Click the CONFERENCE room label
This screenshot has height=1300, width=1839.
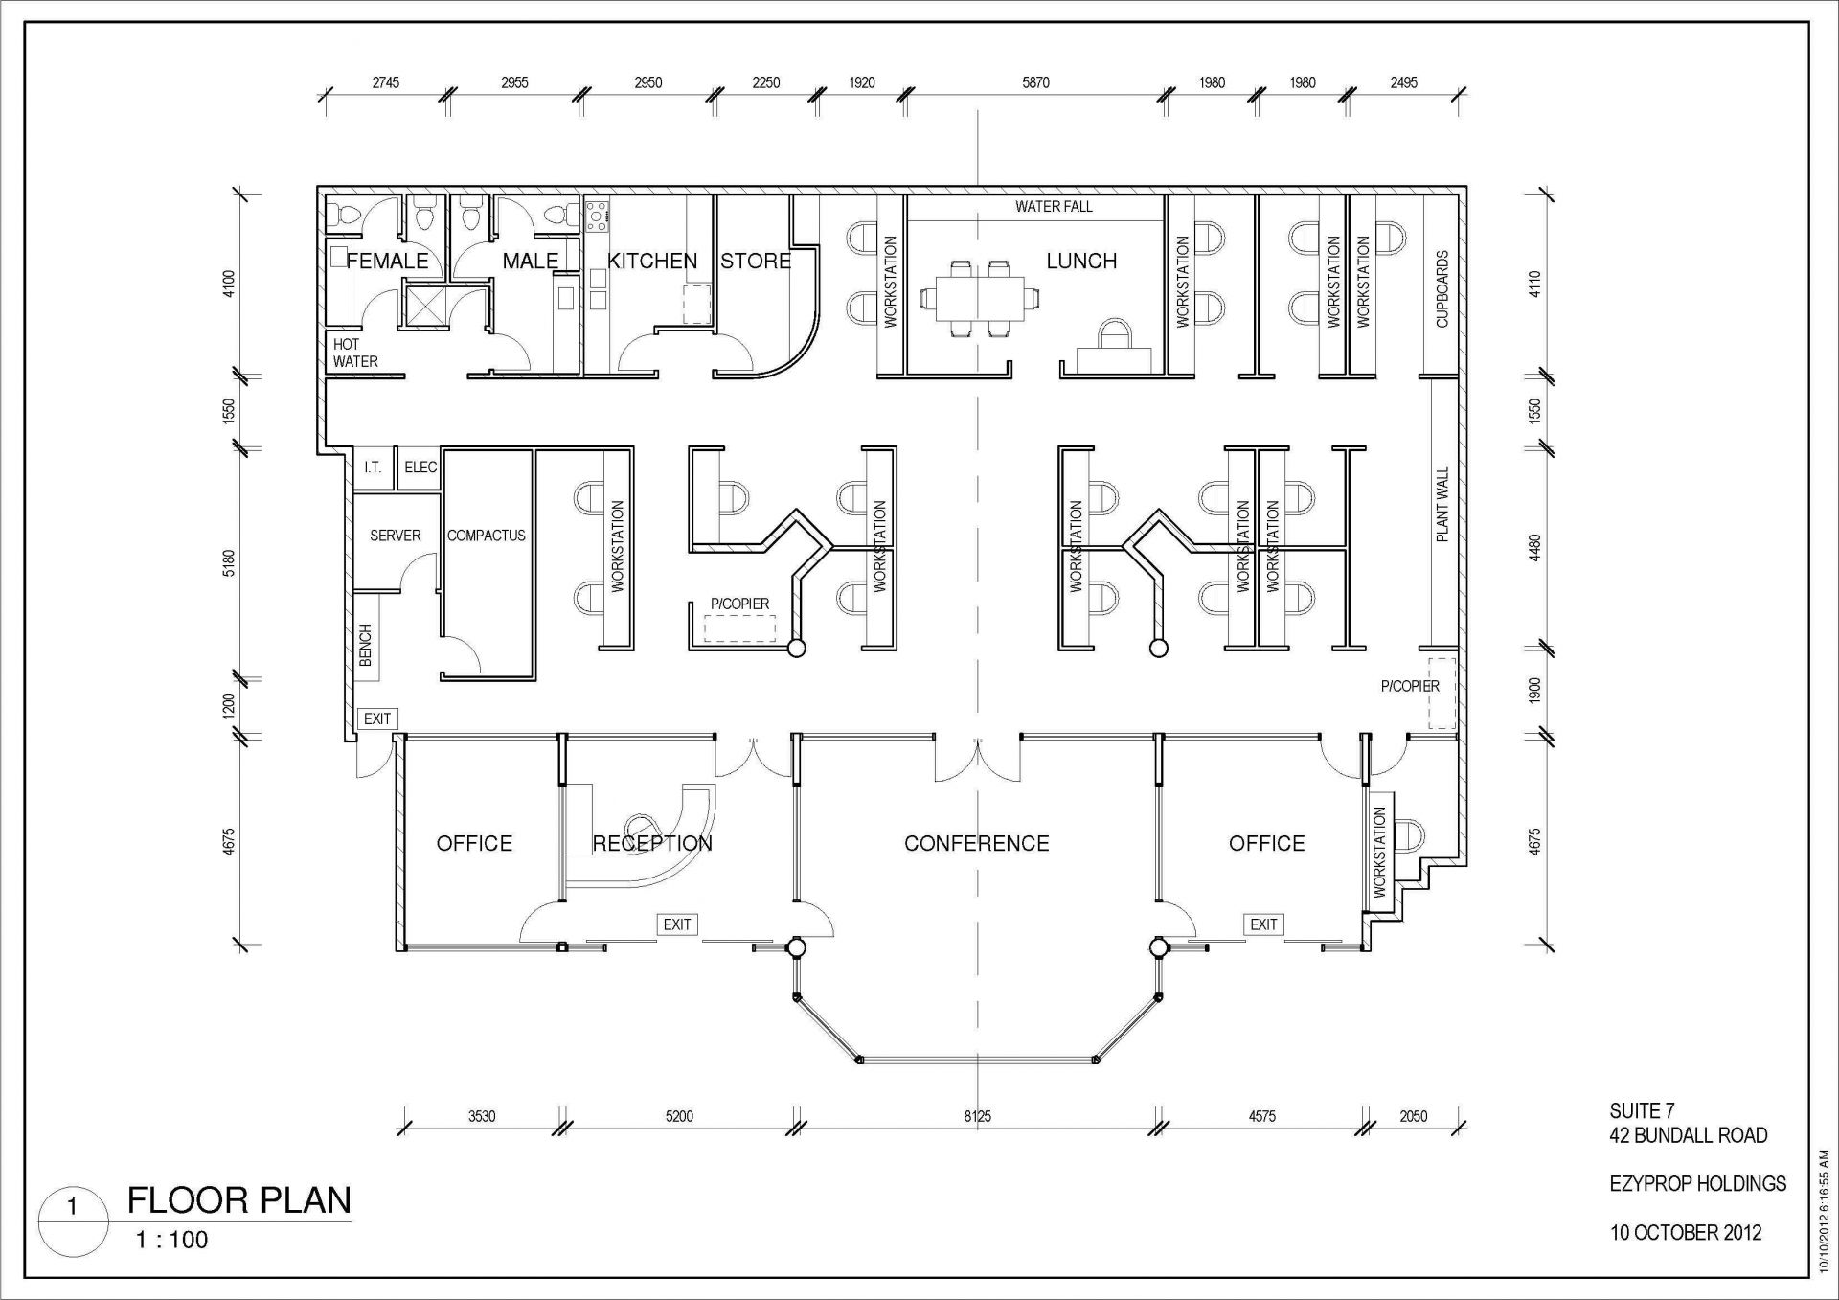(976, 843)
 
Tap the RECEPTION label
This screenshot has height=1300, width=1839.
(652, 843)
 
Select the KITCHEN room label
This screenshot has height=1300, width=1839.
(652, 261)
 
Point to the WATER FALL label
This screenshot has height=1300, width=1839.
(1054, 206)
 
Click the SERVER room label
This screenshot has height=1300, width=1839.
(396, 536)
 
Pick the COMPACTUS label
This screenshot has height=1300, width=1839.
(487, 536)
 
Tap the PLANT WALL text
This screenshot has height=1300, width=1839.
(1442, 505)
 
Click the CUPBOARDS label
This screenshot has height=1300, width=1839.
(1442, 289)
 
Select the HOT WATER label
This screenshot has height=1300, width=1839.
(355, 353)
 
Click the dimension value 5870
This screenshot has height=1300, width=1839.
(1035, 82)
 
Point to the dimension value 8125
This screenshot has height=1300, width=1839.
(978, 1116)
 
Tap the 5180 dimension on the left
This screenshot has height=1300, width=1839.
(229, 563)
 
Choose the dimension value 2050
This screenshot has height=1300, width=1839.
(1414, 1116)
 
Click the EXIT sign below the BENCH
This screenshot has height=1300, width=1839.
(377, 718)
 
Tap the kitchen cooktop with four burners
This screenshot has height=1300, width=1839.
(597, 217)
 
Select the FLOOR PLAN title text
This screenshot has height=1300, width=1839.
(239, 1199)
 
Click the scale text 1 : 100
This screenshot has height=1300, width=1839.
(171, 1240)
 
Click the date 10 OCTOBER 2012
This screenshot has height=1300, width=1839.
(1686, 1233)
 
